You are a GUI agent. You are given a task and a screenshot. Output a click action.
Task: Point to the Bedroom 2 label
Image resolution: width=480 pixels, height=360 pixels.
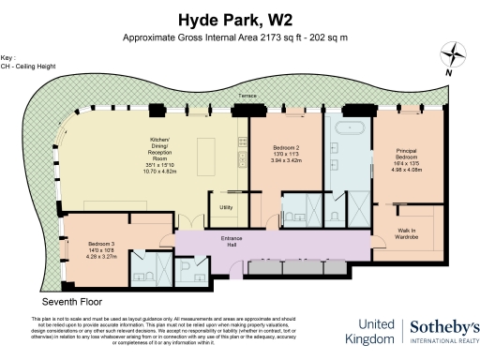click(x=285, y=148)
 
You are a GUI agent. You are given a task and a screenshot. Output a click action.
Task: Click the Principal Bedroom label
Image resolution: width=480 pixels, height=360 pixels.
click(x=406, y=154)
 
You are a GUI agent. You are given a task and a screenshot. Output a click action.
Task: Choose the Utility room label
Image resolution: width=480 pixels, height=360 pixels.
click(x=226, y=207)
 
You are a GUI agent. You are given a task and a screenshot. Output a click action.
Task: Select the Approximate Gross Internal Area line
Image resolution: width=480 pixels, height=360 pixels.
click(x=239, y=37)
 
